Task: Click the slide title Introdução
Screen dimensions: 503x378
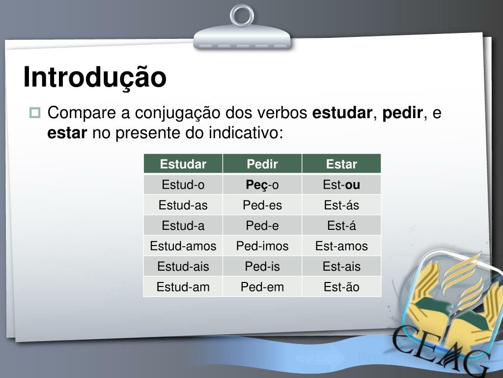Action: (95, 77)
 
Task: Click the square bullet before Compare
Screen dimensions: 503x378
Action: (35, 113)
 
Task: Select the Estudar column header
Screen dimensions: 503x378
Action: (183, 164)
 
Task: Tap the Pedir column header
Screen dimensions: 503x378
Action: (262, 164)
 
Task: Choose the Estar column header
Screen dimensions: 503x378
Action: (341, 164)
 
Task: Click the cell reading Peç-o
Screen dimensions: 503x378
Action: (262, 185)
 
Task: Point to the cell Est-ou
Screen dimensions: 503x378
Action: (341, 185)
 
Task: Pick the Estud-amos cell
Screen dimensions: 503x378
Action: (183, 246)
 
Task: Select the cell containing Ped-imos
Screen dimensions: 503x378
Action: (262, 246)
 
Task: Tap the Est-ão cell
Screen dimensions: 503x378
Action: (341, 287)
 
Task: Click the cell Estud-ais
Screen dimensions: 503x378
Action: (183, 266)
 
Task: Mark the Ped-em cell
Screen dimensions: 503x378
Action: (262, 287)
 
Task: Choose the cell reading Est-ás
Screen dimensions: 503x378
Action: (341, 205)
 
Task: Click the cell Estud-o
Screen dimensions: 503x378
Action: (183, 185)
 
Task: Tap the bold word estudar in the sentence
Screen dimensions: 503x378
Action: (342, 113)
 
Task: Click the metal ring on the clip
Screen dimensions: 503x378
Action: (242, 15)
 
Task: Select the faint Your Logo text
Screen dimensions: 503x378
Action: (316, 358)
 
